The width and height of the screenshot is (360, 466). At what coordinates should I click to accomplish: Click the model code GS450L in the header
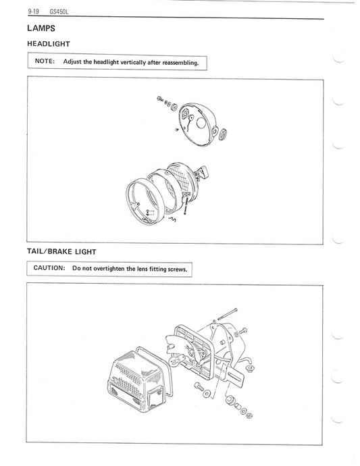point(60,12)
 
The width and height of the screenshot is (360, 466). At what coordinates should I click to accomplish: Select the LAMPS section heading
point(42,28)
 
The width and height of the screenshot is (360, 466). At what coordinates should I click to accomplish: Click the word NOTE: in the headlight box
point(44,62)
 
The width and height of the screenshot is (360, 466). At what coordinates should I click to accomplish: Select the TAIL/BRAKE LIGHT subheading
point(61,251)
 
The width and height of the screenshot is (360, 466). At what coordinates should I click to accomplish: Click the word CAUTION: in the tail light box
point(49,268)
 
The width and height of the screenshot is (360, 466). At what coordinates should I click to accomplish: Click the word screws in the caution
point(176,268)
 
